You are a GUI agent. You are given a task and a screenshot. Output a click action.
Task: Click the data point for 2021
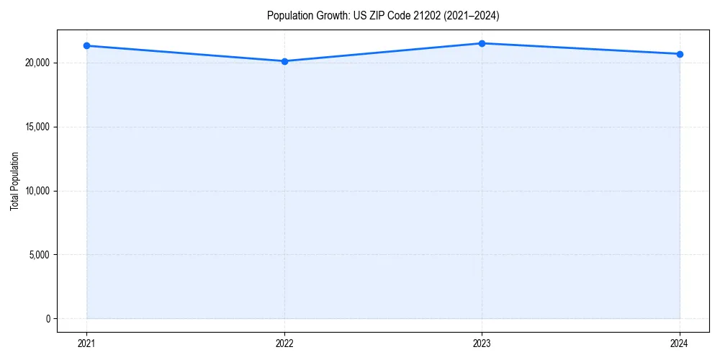86,45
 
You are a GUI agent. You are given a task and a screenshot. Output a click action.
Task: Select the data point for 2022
284,61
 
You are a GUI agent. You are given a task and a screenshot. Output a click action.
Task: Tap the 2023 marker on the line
482,43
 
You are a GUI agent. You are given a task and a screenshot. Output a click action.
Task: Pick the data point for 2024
680,54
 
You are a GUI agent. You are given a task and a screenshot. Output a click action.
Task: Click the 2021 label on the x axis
86,343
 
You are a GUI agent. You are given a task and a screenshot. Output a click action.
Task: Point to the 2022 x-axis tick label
284,343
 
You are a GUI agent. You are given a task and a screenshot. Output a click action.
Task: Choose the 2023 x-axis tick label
482,343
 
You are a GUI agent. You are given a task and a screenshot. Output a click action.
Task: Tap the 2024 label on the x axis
680,343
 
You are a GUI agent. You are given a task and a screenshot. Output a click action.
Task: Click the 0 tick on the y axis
48,319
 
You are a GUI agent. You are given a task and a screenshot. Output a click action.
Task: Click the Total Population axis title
15,181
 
